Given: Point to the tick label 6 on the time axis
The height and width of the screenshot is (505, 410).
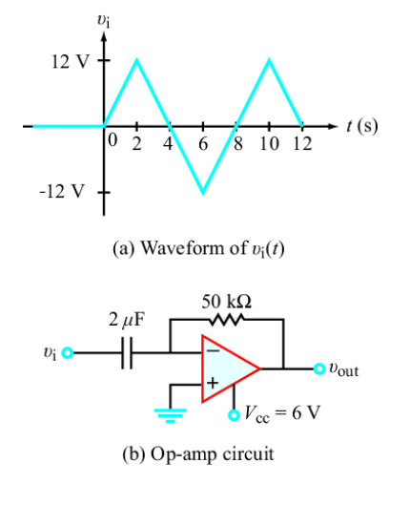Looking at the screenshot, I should coord(202,144).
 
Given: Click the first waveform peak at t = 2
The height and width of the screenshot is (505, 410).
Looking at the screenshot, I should coord(137,60).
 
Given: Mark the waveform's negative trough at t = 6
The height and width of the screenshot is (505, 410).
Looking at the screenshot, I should coord(202,192).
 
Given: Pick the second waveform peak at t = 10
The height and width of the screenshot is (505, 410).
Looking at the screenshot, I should coord(269,60).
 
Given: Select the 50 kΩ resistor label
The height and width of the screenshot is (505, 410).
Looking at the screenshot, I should coord(227,302).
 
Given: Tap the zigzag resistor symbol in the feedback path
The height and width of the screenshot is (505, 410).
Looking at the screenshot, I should coord(227,320).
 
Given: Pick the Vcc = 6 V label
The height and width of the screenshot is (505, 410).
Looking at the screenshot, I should coord(271,414).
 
